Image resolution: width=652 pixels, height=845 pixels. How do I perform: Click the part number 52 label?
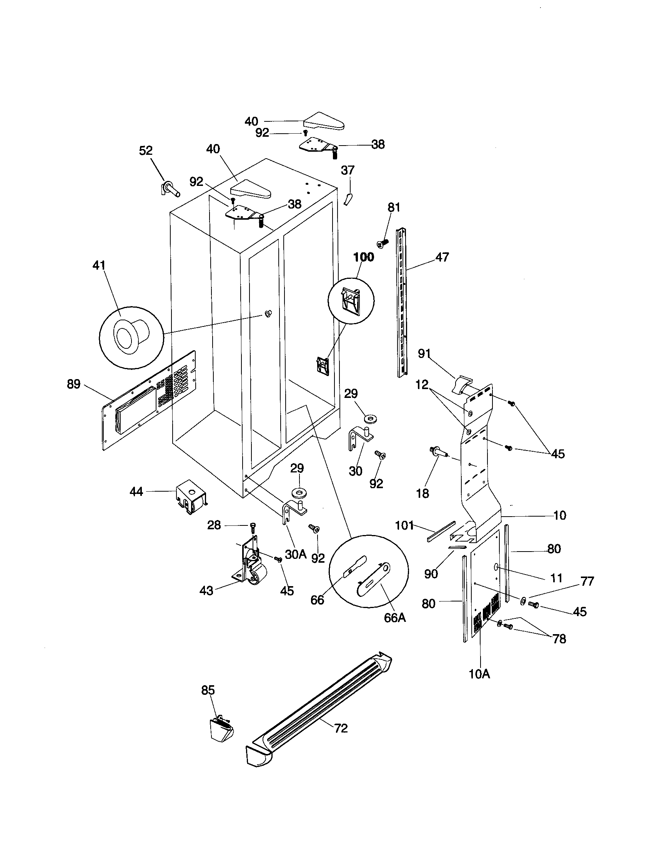click(x=146, y=151)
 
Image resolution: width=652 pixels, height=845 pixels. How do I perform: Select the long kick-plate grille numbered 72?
click(x=318, y=712)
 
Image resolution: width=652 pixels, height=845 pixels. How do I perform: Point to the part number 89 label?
click(x=73, y=384)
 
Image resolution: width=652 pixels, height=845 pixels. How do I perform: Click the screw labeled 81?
click(x=382, y=243)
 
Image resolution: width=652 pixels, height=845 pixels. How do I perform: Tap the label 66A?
click(x=395, y=618)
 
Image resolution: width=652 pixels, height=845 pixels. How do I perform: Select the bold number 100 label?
click(x=364, y=257)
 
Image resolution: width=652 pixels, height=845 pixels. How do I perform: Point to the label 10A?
click(x=479, y=674)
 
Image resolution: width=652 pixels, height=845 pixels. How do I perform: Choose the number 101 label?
click(x=404, y=525)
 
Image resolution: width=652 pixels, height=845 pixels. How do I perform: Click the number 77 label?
click(x=587, y=581)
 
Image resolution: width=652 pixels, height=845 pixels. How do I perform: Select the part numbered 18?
click(x=437, y=452)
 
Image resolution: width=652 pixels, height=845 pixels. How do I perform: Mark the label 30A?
click(x=296, y=554)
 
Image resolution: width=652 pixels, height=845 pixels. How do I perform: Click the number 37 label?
click(x=348, y=170)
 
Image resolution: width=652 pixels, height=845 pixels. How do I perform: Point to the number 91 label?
click(x=424, y=354)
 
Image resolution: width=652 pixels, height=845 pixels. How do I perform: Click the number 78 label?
click(x=559, y=639)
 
